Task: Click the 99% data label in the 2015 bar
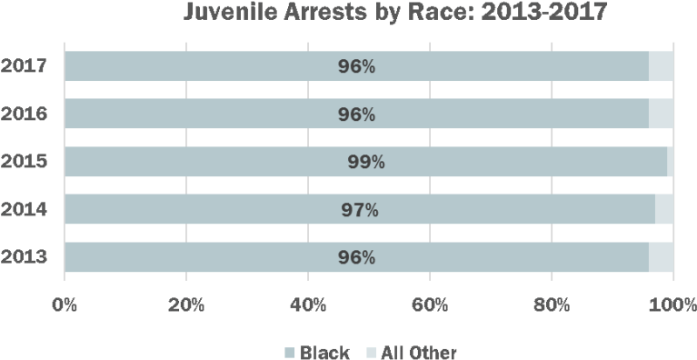pyautogui.click(x=366, y=162)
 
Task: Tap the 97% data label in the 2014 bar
pyautogui.click(x=360, y=210)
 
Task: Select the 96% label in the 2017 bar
pyautogui.click(x=356, y=67)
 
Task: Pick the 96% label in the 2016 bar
pyautogui.click(x=356, y=115)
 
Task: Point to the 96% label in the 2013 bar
pyautogui.click(x=356, y=257)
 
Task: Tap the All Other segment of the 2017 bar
pyautogui.click(x=662, y=67)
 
